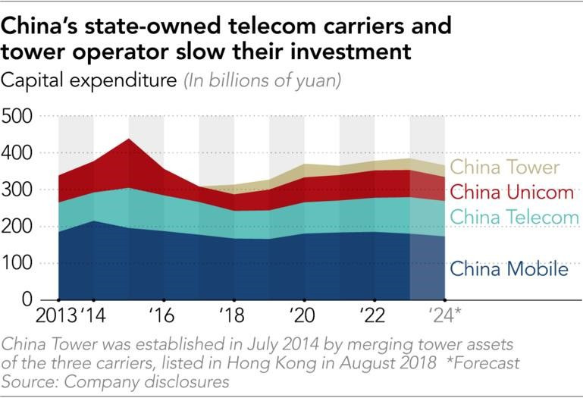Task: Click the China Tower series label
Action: click(504, 168)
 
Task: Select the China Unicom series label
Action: click(509, 192)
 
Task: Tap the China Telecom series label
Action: click(514, 218)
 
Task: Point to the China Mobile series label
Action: click(509, 269)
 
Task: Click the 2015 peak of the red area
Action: click(129, 140)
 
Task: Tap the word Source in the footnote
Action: click(28, 381)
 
